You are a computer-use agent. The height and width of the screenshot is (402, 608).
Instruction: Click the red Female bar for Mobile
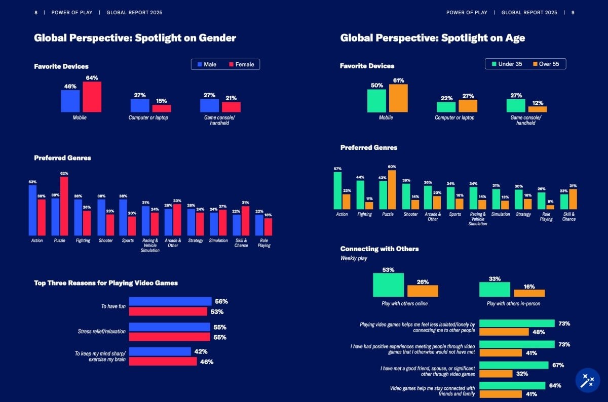point(92,97)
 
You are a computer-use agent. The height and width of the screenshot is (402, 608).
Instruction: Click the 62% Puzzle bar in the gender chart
point(64,206)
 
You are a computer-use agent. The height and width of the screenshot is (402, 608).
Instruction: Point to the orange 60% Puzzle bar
point(392,190)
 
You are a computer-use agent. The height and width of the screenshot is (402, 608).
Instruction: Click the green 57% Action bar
point(337,191)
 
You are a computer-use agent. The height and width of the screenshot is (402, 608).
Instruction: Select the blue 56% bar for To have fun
point(170,301)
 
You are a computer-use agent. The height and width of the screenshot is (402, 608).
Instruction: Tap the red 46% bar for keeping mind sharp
point(163,361)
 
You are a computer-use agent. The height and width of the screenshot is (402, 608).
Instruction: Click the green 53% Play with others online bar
point(388,285)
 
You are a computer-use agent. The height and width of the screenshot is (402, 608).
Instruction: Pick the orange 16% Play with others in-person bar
point(529,293)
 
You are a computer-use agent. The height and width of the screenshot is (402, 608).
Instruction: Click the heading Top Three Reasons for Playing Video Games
point(106,283)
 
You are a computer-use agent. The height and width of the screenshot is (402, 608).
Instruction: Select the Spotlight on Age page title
point(432,38)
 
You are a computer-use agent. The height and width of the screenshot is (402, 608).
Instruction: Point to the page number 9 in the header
point(573,13)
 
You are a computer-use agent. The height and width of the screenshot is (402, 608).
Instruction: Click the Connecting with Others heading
point(379,249)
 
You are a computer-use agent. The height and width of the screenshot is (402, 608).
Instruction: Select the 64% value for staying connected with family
point(555,386)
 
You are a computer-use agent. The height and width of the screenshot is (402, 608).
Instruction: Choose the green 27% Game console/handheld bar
point(516,105)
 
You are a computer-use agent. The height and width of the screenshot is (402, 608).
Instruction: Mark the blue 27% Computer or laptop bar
point(140,105)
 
